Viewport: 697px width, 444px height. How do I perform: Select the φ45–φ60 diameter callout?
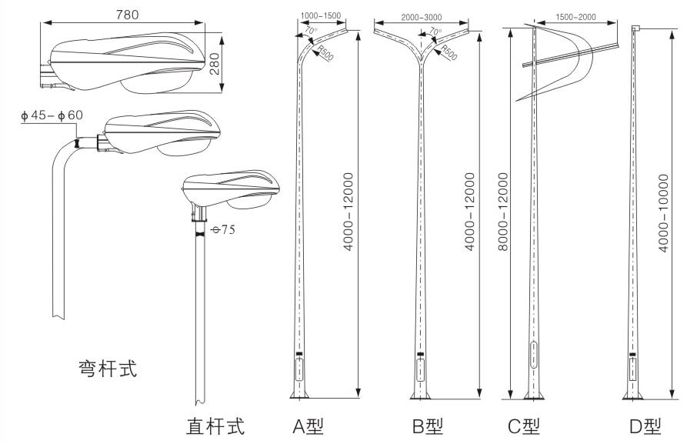click(52, 115)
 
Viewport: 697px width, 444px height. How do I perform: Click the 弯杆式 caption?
click(108, 368)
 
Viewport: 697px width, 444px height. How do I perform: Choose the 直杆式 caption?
click(215, 426)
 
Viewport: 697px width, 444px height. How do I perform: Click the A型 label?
click(308, 426)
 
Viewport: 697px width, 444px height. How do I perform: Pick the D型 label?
click(643, 426)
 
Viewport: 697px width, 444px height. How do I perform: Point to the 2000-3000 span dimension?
click(422, 17)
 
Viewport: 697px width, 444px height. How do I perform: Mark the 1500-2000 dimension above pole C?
click(575, 17)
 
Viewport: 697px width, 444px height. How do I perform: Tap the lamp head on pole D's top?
click(636, 28)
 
